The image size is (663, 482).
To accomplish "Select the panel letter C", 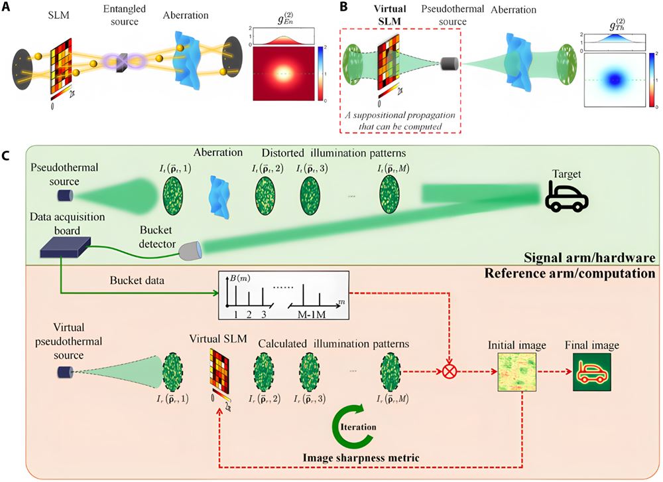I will pos(7,157).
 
